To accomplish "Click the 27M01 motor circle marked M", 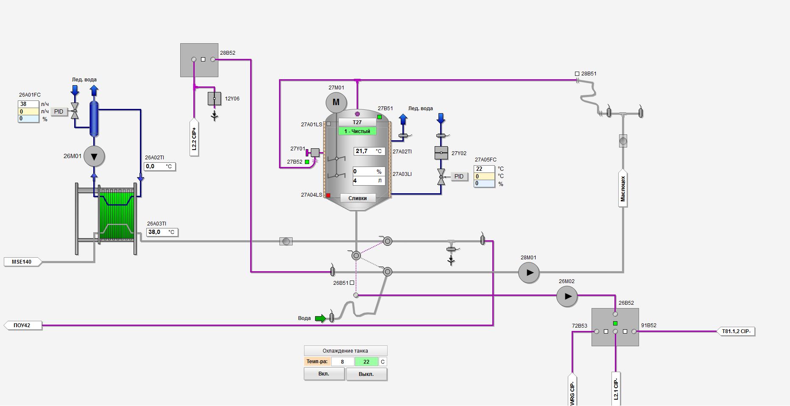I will [x=336, y=102].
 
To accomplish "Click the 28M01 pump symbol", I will [x=529, y=273].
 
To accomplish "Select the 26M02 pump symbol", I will [x=567, y=296].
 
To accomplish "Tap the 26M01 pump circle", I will [x=94, y=156].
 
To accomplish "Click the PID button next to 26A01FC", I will [x=59, y=111].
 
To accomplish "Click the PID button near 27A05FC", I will [x=459, y=176].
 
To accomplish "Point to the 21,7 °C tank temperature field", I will [x=369, y=151].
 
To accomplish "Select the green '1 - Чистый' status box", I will [x=357, y=131].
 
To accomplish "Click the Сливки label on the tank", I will [x=357, y=198].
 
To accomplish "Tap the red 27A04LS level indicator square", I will [x=328, y=195].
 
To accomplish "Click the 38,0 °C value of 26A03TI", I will [x=162, y=232].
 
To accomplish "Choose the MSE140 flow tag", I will [x=22, y=262].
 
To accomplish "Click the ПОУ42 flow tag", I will [x=23, y=325].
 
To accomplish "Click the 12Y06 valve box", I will [x=214, y=99].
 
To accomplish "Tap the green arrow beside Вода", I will [x=321, y=318].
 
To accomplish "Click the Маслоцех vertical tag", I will [x=623, y=189].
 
